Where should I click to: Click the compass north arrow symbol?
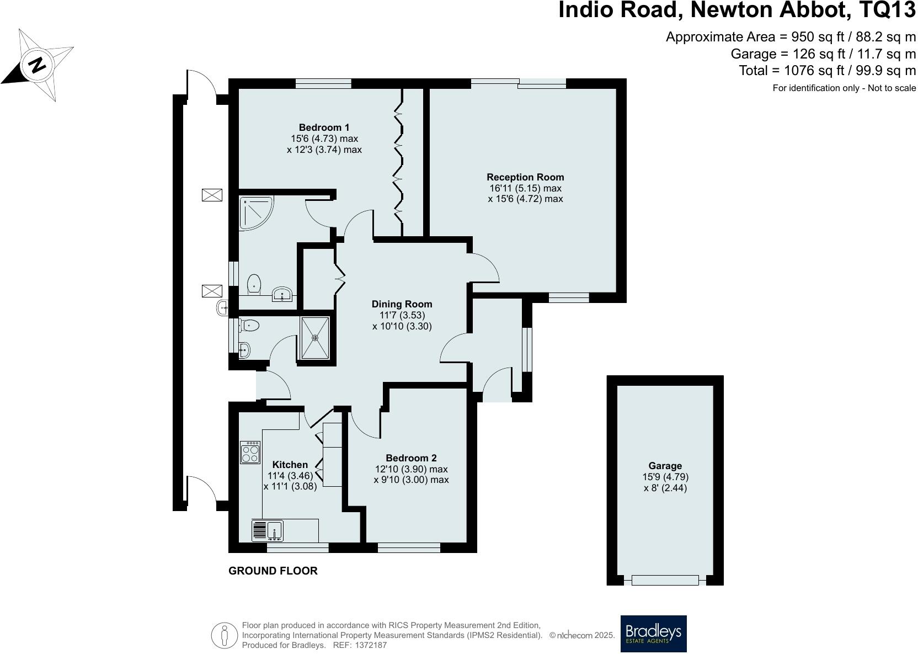coord(37,65)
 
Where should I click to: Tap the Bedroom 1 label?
coord(324,127)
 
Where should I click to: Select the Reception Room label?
coord(525,177)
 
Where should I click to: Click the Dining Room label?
coord(402,304)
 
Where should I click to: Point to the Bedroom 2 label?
coord(411,458)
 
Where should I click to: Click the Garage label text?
coord(665,466)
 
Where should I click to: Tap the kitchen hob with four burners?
coord(250,452)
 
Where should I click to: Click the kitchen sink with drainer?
coord(268,530)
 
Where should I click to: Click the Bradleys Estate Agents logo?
coord(653,634)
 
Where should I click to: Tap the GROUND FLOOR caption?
coord(273,571)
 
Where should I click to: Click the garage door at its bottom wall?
coord(665,580)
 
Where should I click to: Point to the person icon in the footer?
coord(224,636)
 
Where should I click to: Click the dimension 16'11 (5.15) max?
coord(525,188)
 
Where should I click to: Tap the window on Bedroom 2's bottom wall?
coord(409,547)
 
